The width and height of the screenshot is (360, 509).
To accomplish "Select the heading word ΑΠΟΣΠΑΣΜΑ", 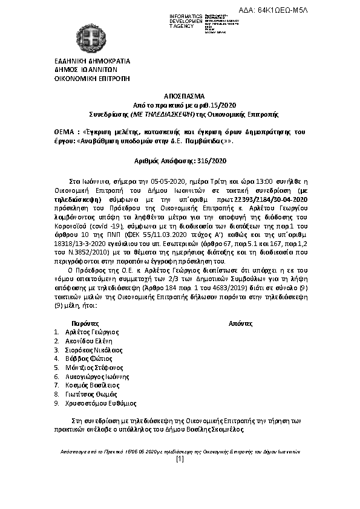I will (180, 96).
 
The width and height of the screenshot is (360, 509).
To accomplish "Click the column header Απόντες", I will (240, 323).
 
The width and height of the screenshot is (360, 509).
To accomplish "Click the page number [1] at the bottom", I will (180, 459).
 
